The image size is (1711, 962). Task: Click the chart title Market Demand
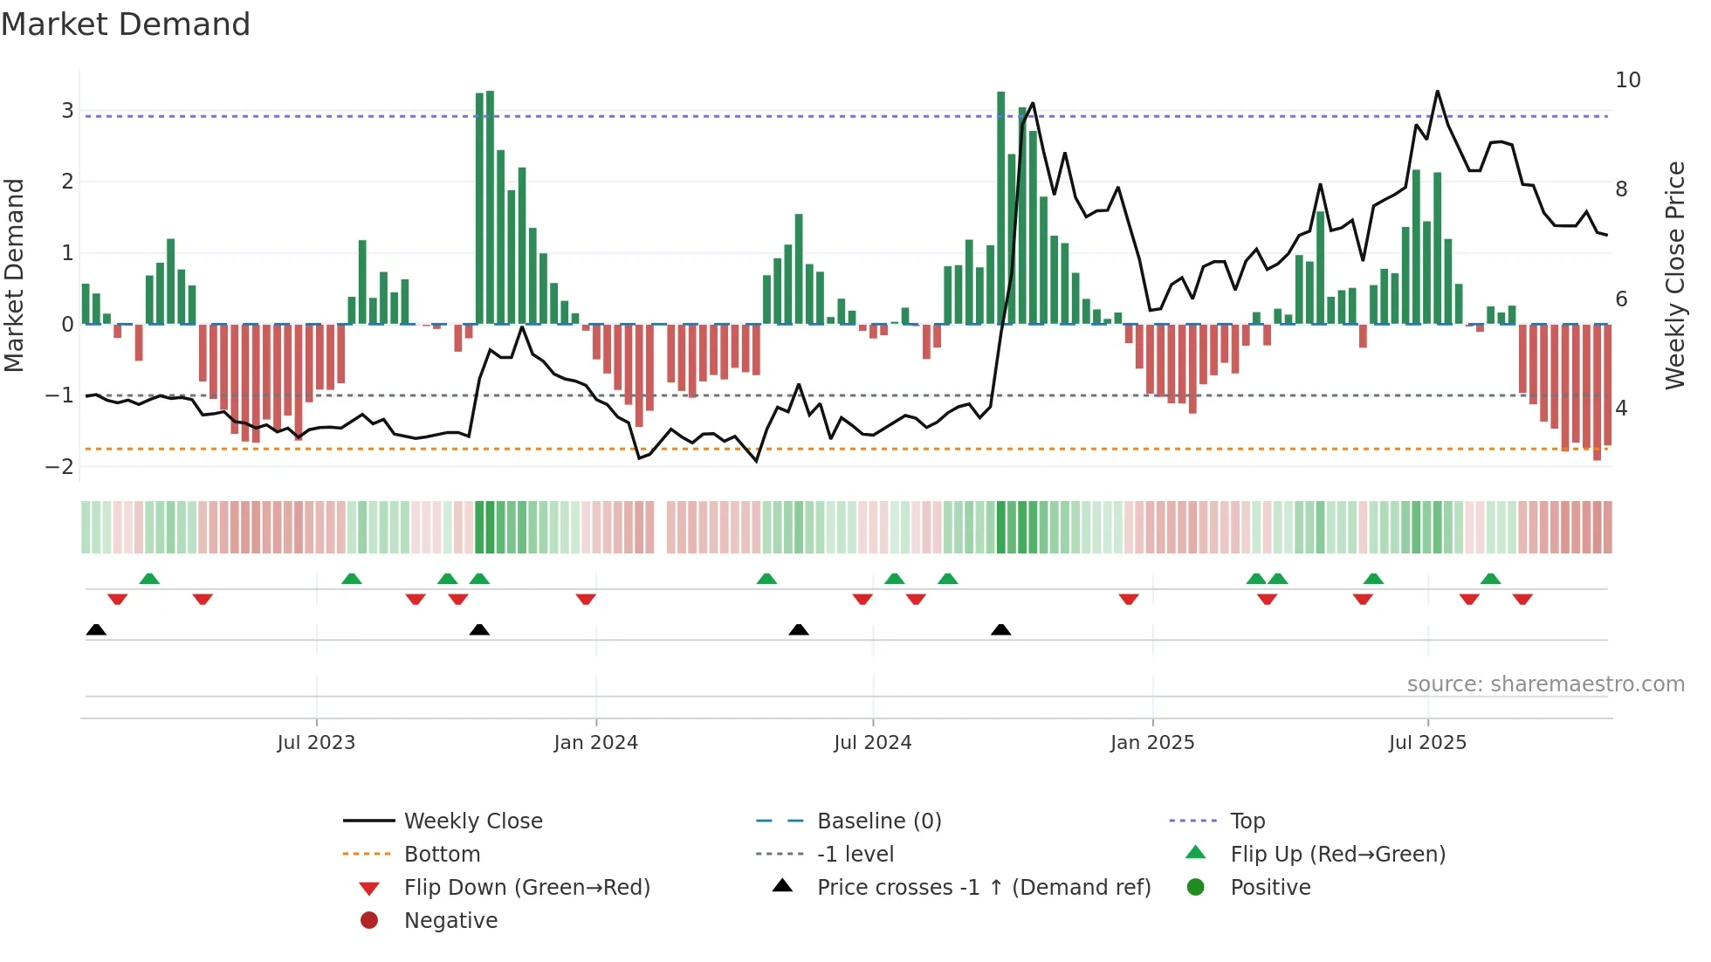tap(126, 24)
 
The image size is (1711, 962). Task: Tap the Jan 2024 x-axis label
tap(595, 743)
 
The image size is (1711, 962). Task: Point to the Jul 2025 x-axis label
tap(1427, 743)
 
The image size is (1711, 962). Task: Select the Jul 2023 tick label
tap(316, 743)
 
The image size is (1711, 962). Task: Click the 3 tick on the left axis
tap(67, 111)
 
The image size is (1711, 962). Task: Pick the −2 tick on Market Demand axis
tap(60, 467)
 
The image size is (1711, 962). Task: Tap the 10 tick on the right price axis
tap(1627, 80)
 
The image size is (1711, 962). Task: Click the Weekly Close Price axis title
tap(1674, 275)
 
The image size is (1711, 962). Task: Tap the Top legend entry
tap(1247, 821)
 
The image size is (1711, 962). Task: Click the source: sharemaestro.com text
tap(1545, 684)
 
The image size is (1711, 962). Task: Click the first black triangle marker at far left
tap(96, 630)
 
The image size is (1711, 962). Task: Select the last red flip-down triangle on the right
tap(1522, 599)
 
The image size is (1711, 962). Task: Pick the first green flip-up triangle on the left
tap(149, 579)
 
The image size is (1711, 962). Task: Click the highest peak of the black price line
tap(1437, 92)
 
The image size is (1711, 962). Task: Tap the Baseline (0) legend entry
tap(878, 821)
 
